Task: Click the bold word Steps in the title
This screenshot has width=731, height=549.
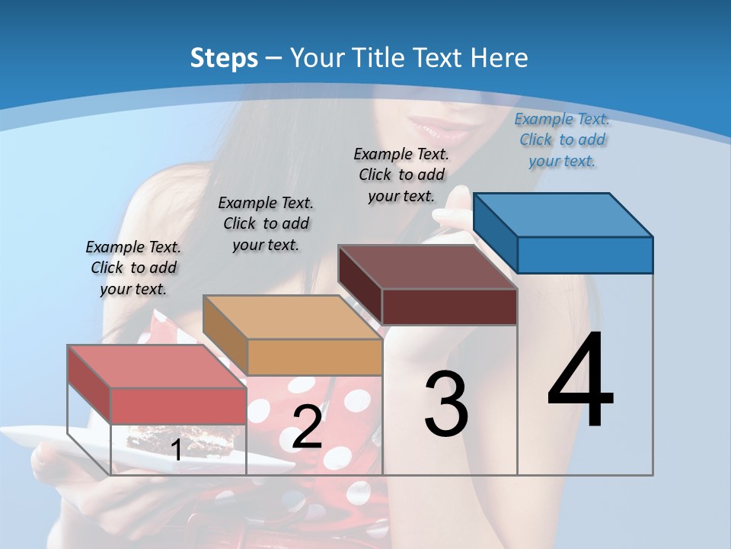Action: [224, 59]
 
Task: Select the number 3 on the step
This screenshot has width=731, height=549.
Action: [446, 403]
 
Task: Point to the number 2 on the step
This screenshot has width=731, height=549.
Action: [307, 427]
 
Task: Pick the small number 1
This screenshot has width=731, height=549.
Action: [176, 451]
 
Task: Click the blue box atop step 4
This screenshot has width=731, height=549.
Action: [583, 254]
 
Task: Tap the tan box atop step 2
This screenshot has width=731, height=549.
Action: [314, 355]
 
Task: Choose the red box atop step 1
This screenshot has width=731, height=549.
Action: [177, 404]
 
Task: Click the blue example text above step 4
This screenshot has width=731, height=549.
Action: [562, 140]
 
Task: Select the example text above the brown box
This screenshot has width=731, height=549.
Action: [401, 175]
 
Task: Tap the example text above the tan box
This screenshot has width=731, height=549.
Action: [266, 223]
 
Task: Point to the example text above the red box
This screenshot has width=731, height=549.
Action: [133, 268]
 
